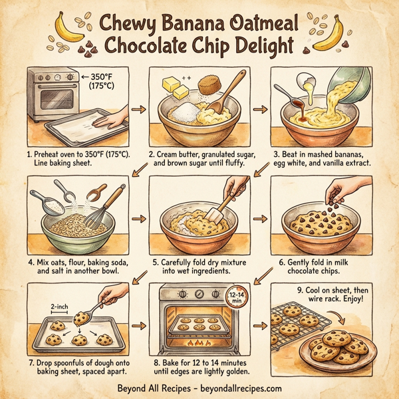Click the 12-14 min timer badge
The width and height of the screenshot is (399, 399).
click(236, 297)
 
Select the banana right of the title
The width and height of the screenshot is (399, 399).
click(331, 33)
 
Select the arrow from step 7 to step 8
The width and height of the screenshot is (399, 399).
click(140, 326)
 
